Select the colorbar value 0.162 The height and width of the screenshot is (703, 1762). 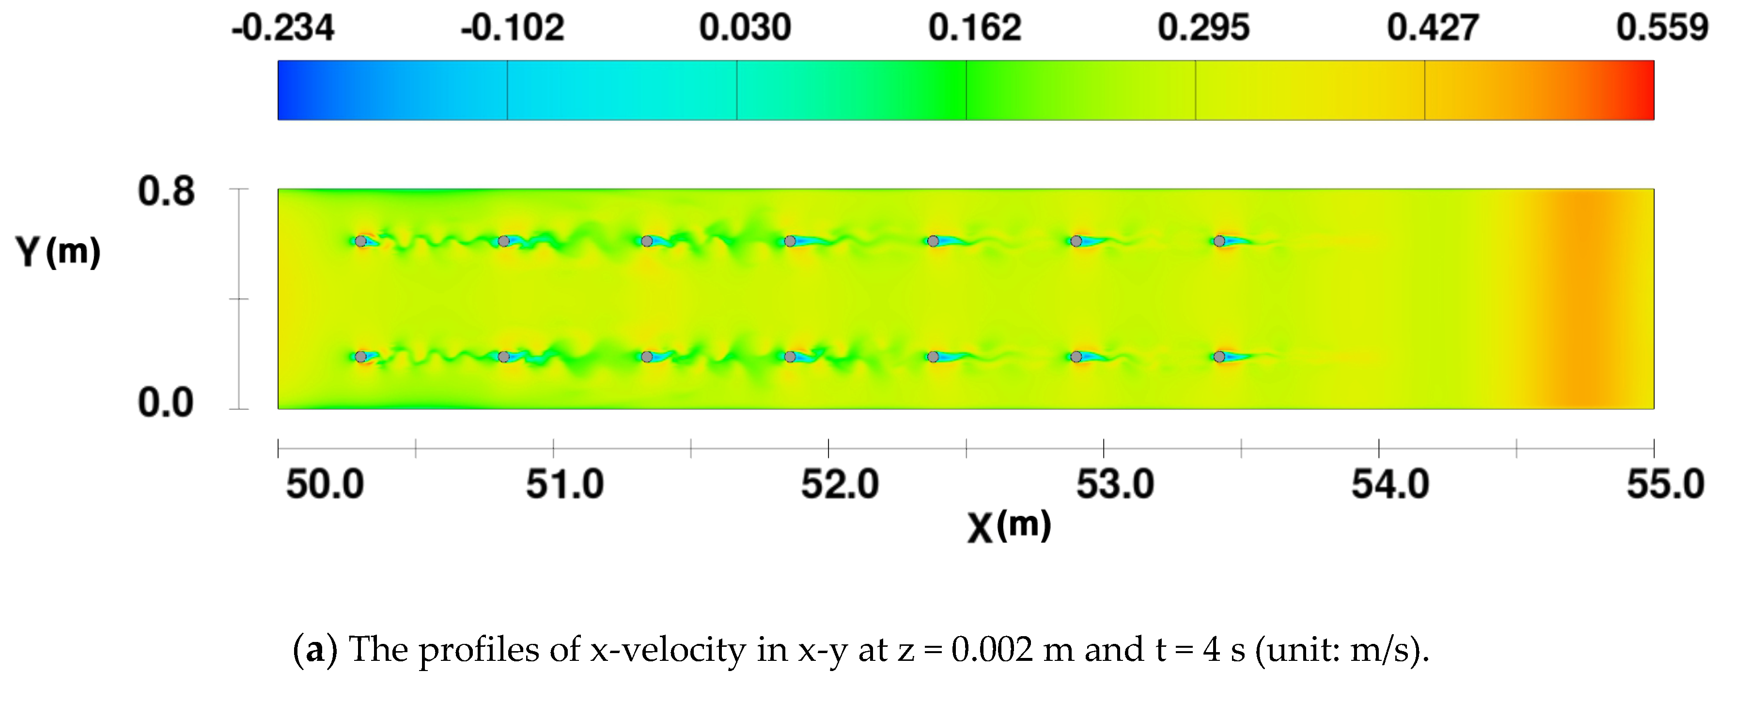pos(974,29)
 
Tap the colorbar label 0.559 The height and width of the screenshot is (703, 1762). pos(1662,29)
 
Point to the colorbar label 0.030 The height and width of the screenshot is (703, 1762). pos(744,29)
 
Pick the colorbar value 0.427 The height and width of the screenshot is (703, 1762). pos(1432,29)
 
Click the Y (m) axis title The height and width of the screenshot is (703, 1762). pos(58,251)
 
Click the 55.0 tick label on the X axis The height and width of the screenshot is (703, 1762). pos(1665,485)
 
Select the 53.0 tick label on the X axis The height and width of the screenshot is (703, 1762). pos(1115,485)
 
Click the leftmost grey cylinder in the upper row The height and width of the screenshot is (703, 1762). pos(360,241)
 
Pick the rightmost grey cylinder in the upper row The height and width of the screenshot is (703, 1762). pos(1219,241)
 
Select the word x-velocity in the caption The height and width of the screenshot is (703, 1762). pos(668,650)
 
